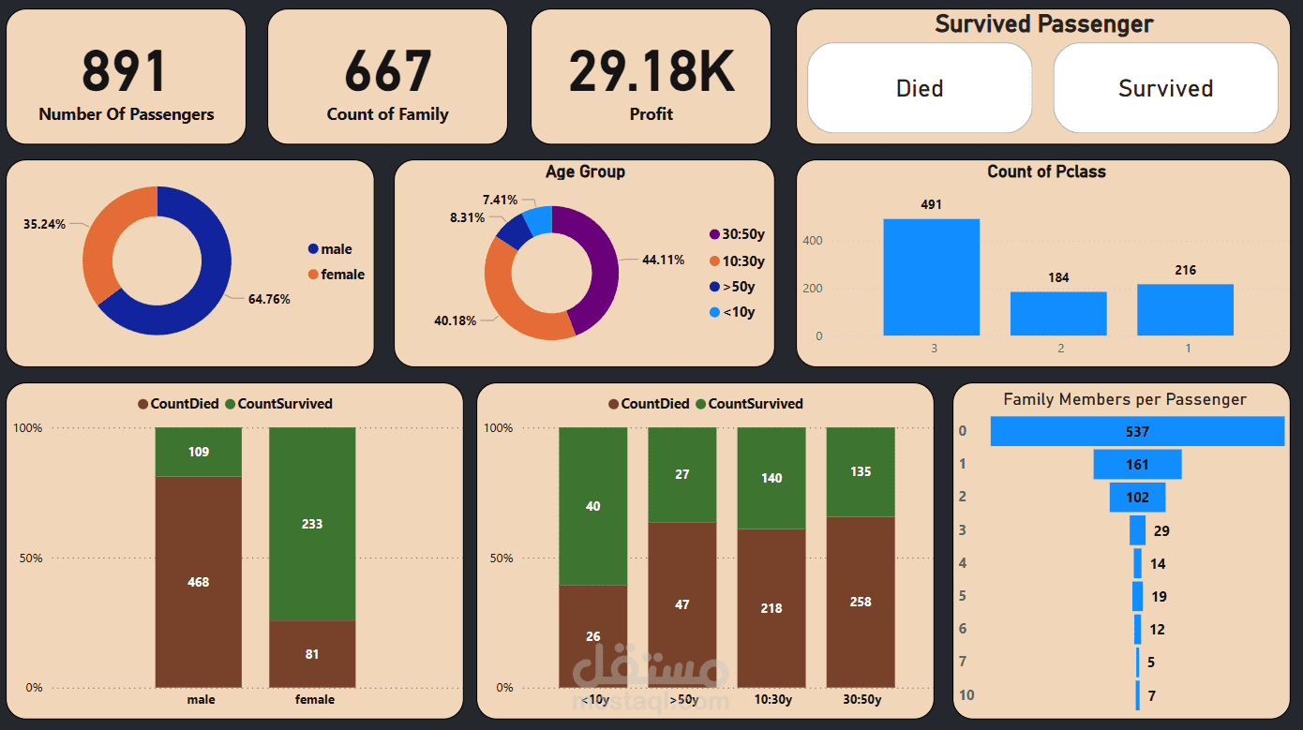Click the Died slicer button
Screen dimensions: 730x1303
pyautogui.click(x=920, y=88)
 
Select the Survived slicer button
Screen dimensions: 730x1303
pyautogui.click(x=1165, y=88)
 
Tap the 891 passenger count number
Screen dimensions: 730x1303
pyautogui.click(x=125, y=71)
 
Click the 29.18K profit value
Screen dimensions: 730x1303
pyautogui.click(x=651, y=71)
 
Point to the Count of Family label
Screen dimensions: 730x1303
pyautogui.click(x=387, y=114)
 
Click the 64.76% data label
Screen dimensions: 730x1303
pyautogui.click(x=269, y=300)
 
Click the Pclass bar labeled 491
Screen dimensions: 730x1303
pyautogui.click(x=931, y=277)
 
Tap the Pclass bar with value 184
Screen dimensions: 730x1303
pyautogui.click(x=1058, y=314)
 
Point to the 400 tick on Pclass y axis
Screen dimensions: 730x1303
pyautogui.click(x=813, y=241)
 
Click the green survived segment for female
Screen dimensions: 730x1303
pyautogui.click(x=312, y=523)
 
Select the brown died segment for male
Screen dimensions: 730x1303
pyautogui.click(x=199, y=581)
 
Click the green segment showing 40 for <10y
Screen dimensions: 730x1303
pyautogui.click(x=592, y=506)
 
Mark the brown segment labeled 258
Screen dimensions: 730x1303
pyautogui.click(x=861, y=602)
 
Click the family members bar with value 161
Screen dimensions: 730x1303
pyautogui.click(x=1137, y=465)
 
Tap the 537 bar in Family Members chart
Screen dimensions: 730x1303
pyautogui.click(x=1137, y=432)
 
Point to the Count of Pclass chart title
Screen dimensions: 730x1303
pyautogui.click(x=1046, y=171)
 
